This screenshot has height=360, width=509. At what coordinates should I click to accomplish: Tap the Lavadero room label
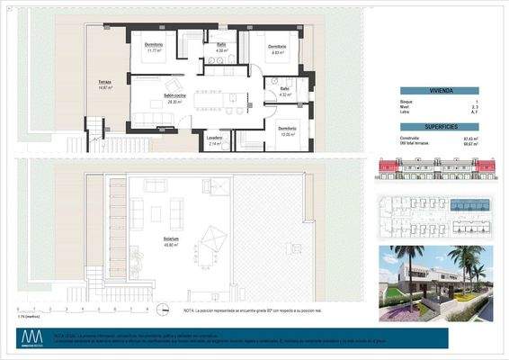[x=215, y=138]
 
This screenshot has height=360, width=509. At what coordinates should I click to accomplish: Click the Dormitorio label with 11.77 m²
[x=153, y=45]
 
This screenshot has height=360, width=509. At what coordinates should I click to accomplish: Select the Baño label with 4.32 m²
[x=284, y=89]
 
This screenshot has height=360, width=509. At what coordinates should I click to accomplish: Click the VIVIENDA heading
[x=439, y=91]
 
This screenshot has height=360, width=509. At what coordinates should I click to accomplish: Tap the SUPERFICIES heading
[x=439, y=126]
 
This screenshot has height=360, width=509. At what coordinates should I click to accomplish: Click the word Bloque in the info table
[x=407, y=102]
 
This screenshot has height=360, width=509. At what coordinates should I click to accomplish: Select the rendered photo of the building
[x=435, y=283]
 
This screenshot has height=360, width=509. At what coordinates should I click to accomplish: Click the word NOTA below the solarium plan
[x=187, y=309]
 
